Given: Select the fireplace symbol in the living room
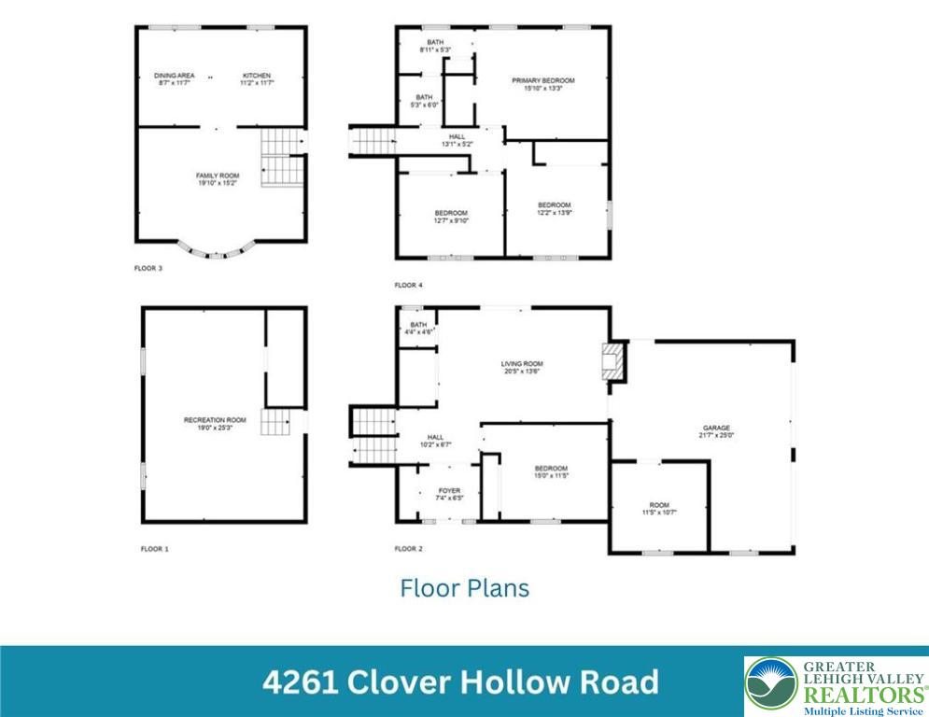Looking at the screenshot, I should coord(612,361).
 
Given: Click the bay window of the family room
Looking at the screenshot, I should coord(217,251).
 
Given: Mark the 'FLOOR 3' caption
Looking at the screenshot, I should coord(148,268).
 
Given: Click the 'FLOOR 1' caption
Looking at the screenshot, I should coord(154,549).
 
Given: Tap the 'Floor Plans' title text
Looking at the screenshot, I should coord(464,588).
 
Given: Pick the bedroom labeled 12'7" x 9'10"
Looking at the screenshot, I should coord(451,217).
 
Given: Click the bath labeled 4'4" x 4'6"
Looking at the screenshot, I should coord(416,329).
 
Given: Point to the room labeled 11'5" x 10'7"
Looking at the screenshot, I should coord(659,509).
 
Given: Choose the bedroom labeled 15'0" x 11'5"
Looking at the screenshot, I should coord(551,471).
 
